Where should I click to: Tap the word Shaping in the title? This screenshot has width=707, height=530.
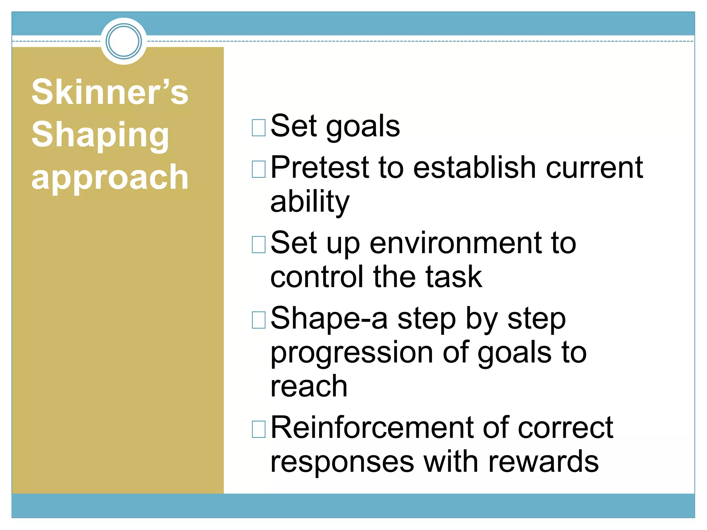(100, 135)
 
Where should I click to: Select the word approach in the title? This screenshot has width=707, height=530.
(110, 177)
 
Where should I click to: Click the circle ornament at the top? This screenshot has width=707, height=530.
(124, 41)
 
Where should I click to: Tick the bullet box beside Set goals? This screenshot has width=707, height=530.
(259, 128)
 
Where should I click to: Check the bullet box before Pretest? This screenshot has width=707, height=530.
(259, 169)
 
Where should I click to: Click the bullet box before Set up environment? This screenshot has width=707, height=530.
(259, 245)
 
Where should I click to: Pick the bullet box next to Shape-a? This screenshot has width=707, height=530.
(259, 320)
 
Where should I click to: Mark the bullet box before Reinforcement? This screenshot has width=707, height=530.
(259, 429)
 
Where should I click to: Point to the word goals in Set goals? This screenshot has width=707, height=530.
(363, 127)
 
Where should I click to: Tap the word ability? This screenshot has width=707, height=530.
(310, 202)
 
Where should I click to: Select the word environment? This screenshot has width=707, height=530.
(456, 243)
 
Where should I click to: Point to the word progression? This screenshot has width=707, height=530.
(352, 353)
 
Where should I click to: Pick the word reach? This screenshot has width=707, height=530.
(309, 386)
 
